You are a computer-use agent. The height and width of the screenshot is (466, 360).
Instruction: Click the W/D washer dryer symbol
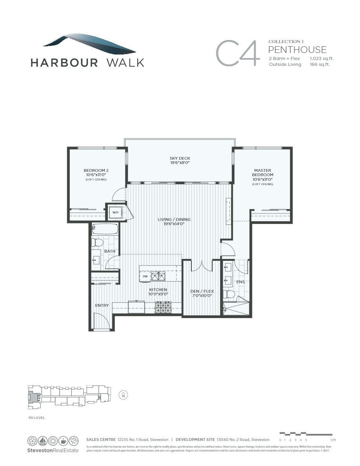(x=116, y=212)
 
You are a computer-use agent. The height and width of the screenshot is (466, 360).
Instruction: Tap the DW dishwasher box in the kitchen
(x=145, y=276)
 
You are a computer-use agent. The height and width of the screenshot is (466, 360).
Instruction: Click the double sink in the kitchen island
(x=158, y=276)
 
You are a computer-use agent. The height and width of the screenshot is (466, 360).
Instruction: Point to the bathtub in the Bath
(x=105, y=229)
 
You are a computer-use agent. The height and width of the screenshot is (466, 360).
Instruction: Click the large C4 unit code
(x=238, y=53)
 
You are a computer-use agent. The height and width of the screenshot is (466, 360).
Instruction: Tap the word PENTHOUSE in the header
(x=297, y=49)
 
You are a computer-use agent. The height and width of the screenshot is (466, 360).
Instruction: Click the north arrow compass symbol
(x=124, y=395)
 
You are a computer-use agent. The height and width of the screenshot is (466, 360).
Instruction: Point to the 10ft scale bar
(x=305, y=434)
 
